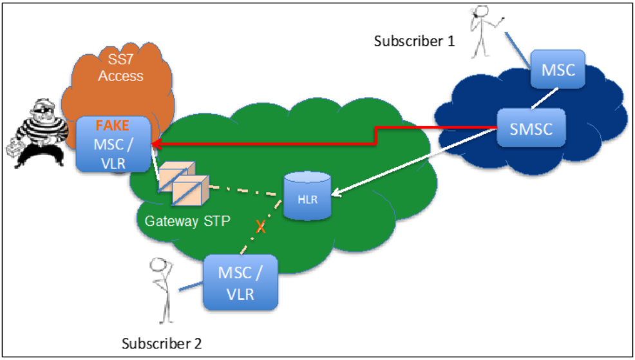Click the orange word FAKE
[113, 126]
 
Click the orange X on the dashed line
[261, 226]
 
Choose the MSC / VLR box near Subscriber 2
[240, 282]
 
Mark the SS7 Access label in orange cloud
[120, 68]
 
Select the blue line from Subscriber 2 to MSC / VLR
[190, 285]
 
